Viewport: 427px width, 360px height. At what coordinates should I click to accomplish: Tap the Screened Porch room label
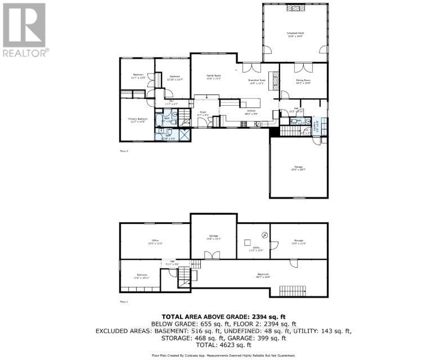coord(295,35)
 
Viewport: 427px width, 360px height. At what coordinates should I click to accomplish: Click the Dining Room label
coord(303,81)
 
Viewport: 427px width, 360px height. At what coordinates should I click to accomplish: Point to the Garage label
coord(298,168)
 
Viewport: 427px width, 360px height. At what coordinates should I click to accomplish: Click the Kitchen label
coord(251,112)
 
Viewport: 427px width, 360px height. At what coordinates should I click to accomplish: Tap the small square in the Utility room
coord(247,242)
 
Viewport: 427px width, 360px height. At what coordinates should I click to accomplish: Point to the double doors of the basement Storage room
coord(212,256)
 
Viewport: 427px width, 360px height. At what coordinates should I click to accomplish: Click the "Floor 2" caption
coord(124,151)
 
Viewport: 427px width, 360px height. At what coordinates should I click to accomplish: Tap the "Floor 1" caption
coord(124,302)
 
